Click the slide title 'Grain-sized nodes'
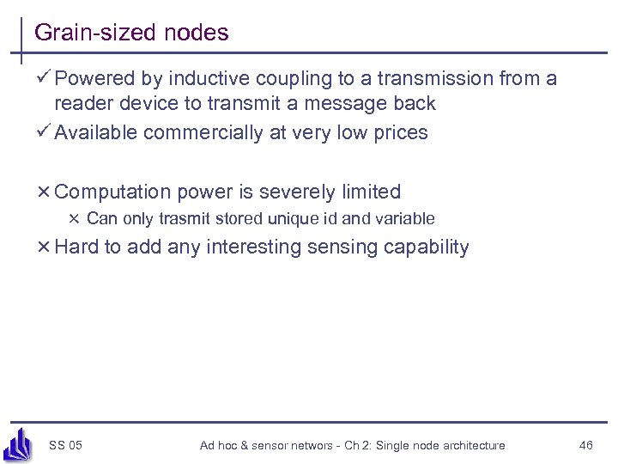point(131,34)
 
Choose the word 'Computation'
point(112,192)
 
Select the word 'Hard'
point(76,247)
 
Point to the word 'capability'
point(430,247)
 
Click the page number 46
point(586,445)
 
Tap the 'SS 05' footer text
point(66,445)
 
